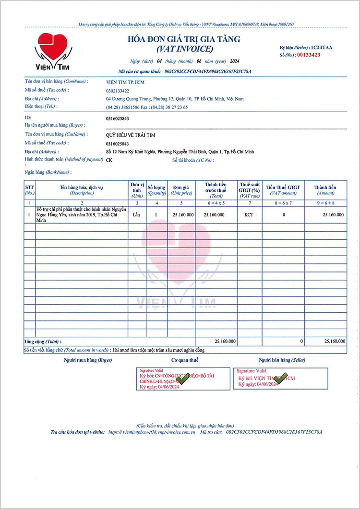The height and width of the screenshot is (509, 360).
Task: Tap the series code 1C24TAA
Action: [x=321, y=47]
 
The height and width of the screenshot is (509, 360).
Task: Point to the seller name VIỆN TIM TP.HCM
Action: [x=125, y=82]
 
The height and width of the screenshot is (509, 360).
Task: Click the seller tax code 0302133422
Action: [x=118, y=90]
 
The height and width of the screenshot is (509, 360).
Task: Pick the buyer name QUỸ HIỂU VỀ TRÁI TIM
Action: [x=131, y=135]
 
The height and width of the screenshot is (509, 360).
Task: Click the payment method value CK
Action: [x=109, y=160]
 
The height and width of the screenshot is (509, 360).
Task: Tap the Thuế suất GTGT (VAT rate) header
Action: [x=249, y=189]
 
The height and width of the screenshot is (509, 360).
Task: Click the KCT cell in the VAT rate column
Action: [x=249, y=215]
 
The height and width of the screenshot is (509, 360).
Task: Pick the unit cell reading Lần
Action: [x=137, y=215]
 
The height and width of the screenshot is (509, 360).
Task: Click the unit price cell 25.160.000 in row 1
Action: [x=183, y=215]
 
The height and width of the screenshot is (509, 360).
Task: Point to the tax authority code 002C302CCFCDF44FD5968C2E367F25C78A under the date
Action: [x=208, y=71]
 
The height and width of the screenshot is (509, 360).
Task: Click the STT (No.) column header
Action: [x=30, y=189]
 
